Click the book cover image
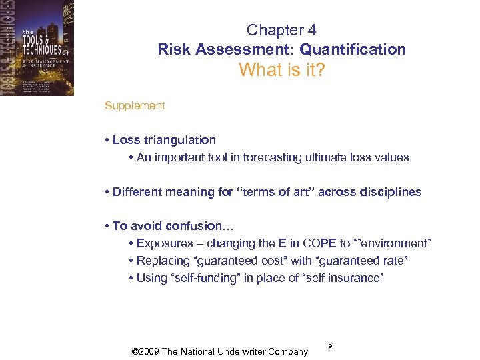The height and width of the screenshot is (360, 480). point(37,47)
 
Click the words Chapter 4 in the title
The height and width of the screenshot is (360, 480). point(281,30)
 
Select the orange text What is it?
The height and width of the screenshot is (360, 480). point(281,70)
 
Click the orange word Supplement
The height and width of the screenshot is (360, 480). point(135,105)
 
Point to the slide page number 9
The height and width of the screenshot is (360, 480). point(330,346)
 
